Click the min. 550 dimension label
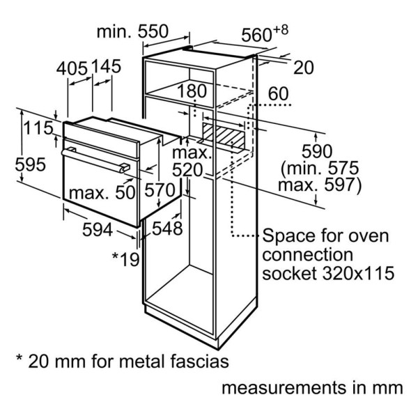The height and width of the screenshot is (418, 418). coord(132,31)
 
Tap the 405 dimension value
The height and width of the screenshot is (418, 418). coord(72,68)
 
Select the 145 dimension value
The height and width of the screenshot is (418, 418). coord(107,66)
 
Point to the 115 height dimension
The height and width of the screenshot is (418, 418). coord(39,128)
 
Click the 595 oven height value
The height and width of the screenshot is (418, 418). coord(31,164)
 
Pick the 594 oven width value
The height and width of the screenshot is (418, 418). coord(98,230)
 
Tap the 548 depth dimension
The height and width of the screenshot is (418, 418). coord(167,229)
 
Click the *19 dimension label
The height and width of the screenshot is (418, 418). coord(126,259)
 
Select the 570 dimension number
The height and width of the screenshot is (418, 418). coord(160,190)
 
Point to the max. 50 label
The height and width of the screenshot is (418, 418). coord(102,192)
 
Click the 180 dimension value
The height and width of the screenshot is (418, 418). coord(192,91)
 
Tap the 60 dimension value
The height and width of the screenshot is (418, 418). coord(278,94)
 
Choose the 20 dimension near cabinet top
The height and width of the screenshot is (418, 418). coord(303,68)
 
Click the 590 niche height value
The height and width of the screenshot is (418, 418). coord(317,151)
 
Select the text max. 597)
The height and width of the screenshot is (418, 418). coord(320,185)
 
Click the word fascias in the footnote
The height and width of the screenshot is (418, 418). coord(199,362)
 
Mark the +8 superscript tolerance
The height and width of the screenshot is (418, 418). coord(281,30)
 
